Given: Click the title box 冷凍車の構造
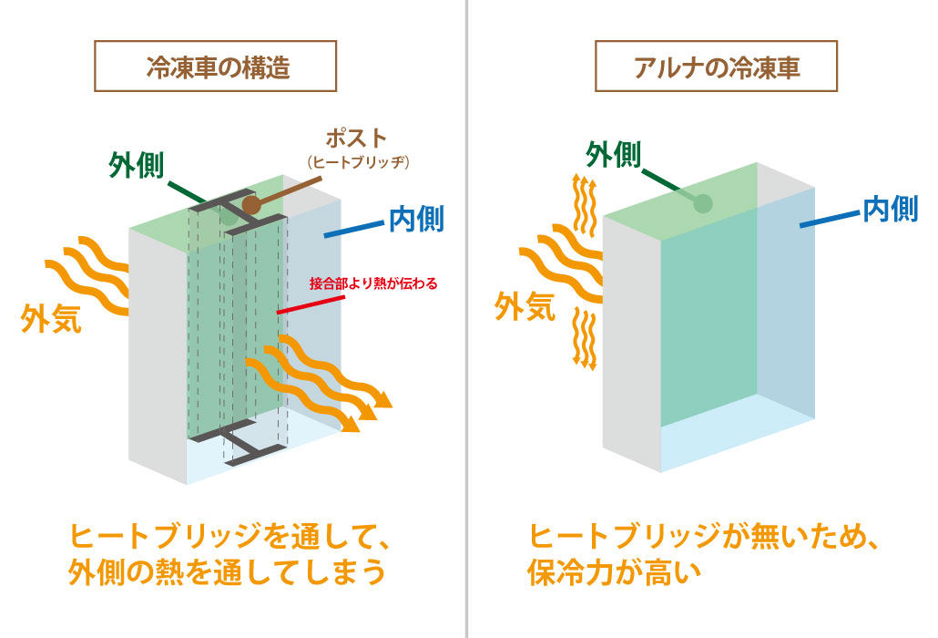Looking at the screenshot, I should pyautogui.click(x=217, y=67).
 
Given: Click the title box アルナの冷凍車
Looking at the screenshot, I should pyautogui.click(x=717, y=67).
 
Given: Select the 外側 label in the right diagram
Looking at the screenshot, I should pyautogui.click(x=614, y=155).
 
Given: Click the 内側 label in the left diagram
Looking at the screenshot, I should pyautogui.click(x=416, y=219).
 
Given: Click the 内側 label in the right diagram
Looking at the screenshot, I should pyautogui.click(x=890, y=210).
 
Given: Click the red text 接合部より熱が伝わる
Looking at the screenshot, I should pyautogui.click(x=373, y=283).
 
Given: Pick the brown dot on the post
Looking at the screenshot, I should pyautogui.click(x=251, y=205).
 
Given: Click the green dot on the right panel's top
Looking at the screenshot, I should pyautogui.click(x=701, y=202).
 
